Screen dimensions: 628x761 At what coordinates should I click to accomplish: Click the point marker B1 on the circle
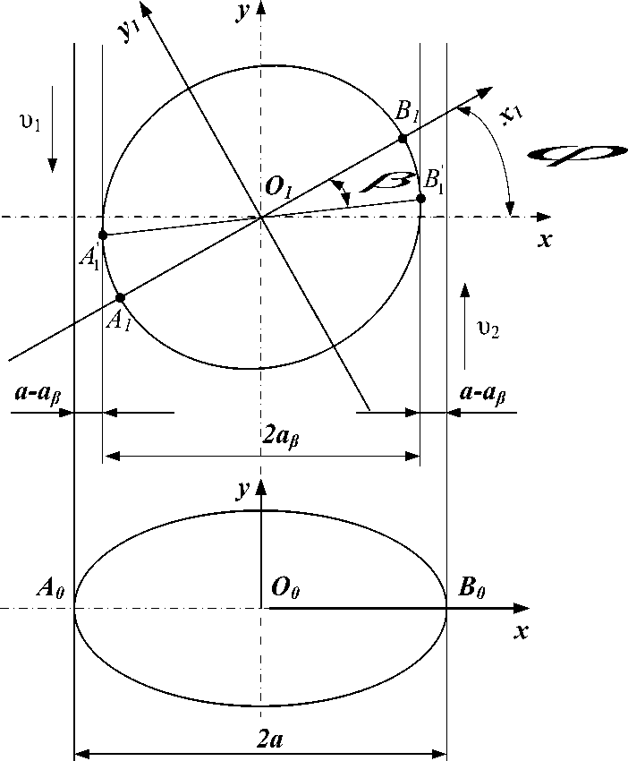coord(403,138)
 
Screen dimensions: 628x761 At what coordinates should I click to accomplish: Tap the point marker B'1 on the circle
coord(420,198)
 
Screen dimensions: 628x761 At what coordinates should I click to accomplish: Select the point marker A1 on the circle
coord(120,296)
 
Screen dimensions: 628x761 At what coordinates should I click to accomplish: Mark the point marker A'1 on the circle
coord(103,235)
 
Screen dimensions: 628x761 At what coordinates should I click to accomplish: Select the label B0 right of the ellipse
coord(472,588)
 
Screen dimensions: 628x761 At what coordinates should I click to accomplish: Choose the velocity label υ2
coord(488,330)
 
